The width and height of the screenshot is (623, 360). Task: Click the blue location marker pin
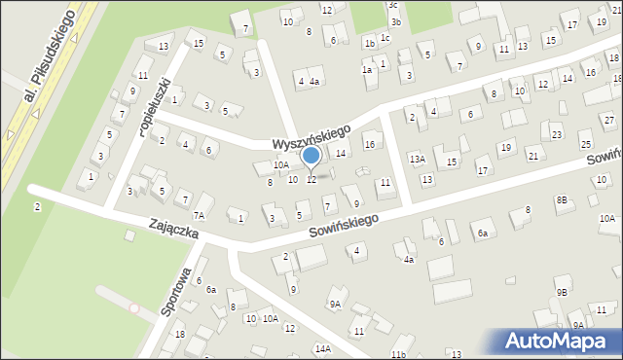pyautogui.click(x=311, y=157)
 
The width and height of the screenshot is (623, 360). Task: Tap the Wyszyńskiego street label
pyautogui.click(x=312, y=134)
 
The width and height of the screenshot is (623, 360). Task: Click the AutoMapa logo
pyautogui.click(x=559, y=342)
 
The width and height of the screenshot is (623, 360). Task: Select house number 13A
pyautogui.click(x=417, y=159)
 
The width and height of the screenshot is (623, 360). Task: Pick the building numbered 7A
pyautogui.click(x=201, y=215)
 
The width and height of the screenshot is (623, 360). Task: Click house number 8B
pyautogui.click(x=562, y=199)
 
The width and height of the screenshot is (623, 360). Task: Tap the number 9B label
pyautogui.click(x=562, y=292)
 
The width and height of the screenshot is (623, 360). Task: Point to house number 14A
pyautogui.click(x=322, y=348)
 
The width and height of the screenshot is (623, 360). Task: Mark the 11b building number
pyautogui.click(x=398, y=354)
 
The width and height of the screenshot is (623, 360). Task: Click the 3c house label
pyautogui.click(x=392, y=6)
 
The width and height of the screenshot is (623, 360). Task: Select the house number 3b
pyautogui.click(x=394, y=21)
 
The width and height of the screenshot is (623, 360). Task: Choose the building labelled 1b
pyautogui.click(x=369, y=44)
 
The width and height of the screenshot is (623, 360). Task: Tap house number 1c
pyautogui.click(x=385, y=38)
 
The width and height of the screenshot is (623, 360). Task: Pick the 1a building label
pyautogui.click(x=367, y=70)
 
